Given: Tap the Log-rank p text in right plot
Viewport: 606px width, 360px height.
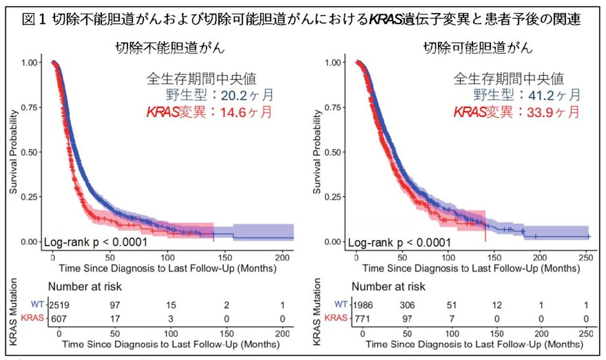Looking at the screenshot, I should point(400,243).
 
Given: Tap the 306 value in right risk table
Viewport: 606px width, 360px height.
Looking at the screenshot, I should point(408,304).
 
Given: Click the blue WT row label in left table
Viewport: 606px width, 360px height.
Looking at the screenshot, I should point(37,304).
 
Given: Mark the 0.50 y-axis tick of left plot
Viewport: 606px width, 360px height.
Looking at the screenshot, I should point(32,152).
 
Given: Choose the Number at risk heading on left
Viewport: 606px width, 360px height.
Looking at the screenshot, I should point(85,287).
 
